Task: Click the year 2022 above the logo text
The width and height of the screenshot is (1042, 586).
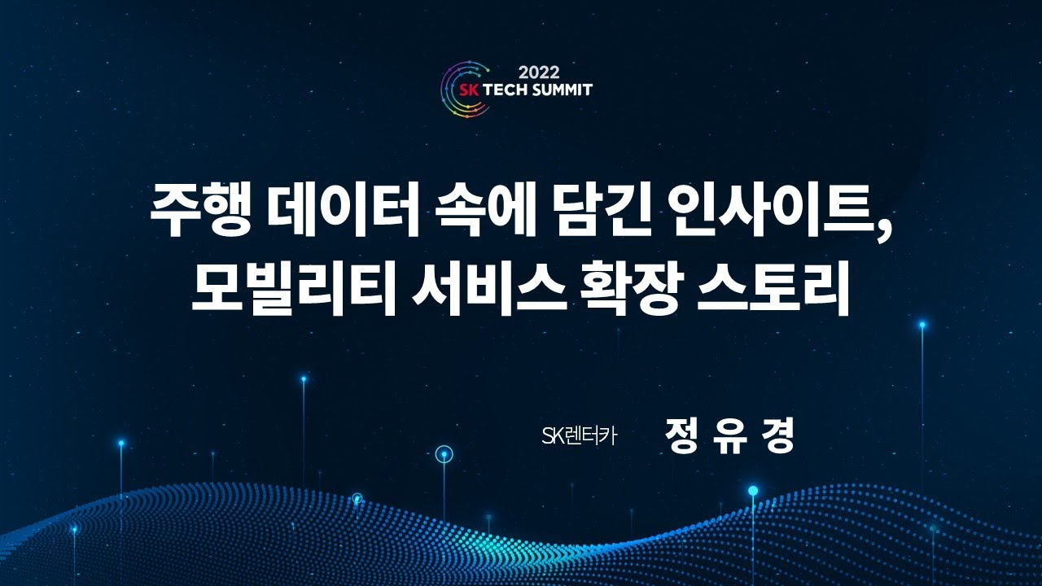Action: [x=537, y=72]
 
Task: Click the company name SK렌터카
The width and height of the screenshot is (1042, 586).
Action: [x=580, y=436]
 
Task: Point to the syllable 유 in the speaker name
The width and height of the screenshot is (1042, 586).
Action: [x=729, y=435]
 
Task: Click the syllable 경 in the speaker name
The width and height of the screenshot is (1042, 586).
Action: [x=777, y=435]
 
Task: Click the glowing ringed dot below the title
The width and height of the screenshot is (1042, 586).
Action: [x=444, y=454]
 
